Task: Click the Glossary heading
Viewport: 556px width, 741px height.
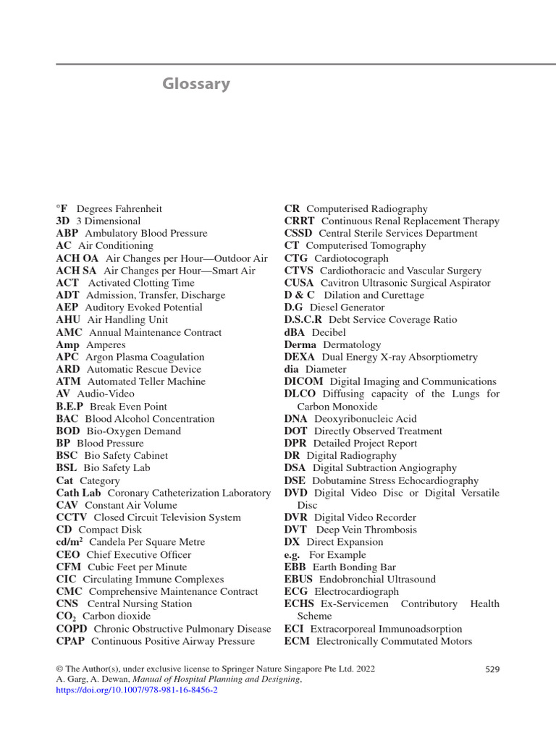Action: pyautogui.click(x=196, y=84)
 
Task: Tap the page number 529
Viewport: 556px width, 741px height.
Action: pyautogui.click(x=492, y=669)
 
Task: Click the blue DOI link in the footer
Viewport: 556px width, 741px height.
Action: pyautogui.click(x=137, y=690)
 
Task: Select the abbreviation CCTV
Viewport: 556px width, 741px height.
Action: pyautogui.click(x=72, y=517)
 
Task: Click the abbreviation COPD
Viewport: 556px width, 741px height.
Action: pyautogui.click(x=72, y=629)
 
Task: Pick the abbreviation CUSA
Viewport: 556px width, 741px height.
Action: pyautogui.click(x=299, y=283)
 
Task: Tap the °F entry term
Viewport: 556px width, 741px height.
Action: pyautogui.click(x=62, y=208)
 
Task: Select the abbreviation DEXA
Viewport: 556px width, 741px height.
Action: pyautogui.click(x=300, y=357)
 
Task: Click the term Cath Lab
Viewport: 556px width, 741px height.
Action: pyautogui.click(x=78, y=493)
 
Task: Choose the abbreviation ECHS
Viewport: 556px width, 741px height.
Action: pyautogui.click(x=299, y=604)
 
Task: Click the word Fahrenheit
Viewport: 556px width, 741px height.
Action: pyautogui.click(x=135, y=208)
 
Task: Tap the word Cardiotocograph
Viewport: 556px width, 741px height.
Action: pyautogui.click(x=351, y=258)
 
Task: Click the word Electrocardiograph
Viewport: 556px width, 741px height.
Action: pyautogui.click(x=356, y=591)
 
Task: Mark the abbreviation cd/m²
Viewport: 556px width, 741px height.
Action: pyautogui.click(x=70, y=542)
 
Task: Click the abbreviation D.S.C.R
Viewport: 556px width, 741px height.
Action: pyautogui.click(x=303, y=320)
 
